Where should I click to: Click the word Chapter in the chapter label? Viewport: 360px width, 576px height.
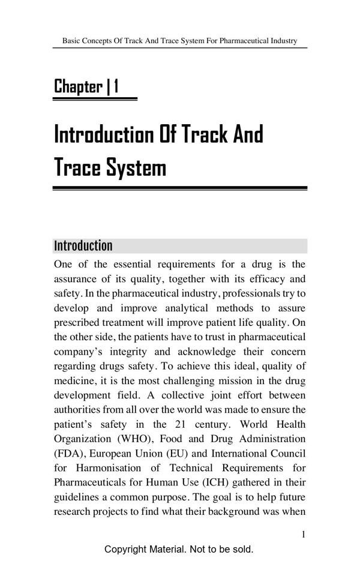(x=78, y=87)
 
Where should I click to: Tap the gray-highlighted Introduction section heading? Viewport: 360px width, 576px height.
(x=83, y=246)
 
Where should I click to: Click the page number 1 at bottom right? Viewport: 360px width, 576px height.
(x=304, y=534)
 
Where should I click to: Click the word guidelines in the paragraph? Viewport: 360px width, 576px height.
(x=75, y=497)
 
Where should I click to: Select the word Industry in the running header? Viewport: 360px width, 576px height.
(x=283, y=41)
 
